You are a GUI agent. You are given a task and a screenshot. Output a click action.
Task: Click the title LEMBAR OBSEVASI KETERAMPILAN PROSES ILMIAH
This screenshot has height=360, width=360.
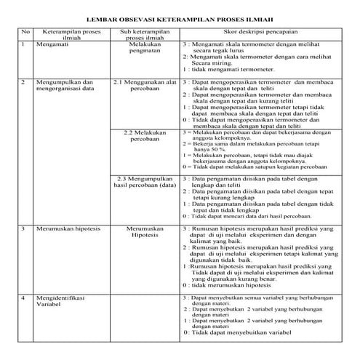pyautogui.click(x=180, y=19)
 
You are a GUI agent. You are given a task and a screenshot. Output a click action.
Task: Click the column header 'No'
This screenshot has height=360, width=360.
pyautogui.click(x=25, y=33)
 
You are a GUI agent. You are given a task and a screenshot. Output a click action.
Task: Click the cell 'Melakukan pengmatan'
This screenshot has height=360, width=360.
pyautogui.click(x=145, y=48)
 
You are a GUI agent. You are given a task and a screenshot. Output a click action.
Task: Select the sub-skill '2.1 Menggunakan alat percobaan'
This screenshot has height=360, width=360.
pyautogui.click(x=145, y=87)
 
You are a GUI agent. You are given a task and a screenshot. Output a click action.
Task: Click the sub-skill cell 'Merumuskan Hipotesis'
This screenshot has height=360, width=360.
pyautogui.click(x=145, y=232)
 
